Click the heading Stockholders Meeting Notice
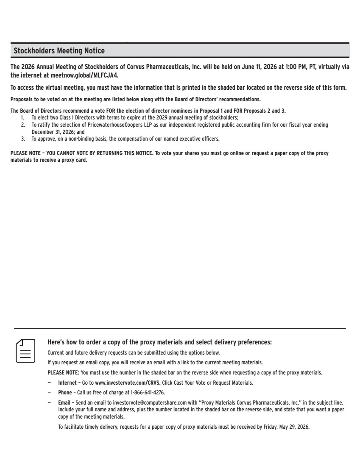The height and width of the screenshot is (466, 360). (59, 51)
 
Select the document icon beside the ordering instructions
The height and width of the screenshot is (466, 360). (25, 350)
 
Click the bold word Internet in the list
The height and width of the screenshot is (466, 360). (67, 383)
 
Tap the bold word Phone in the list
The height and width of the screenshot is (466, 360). (65, 392)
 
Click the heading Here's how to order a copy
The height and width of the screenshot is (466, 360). (159, 342)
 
